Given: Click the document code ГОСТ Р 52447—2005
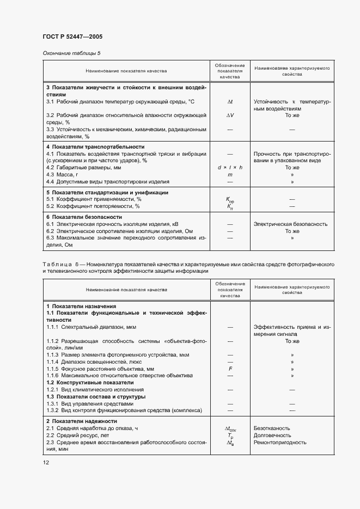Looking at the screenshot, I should click(x=73, y=36).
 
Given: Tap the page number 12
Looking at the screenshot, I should click(x=46, y=462).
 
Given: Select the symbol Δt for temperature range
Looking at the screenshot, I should click(x=230, y=102).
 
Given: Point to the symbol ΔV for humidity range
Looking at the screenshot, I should click(x=230, y=115).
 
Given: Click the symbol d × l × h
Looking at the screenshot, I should click(x=230, y=168).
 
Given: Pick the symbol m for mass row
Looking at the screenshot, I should click(x=230, y=175).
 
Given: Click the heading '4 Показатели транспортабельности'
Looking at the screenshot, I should click(x=95, y=147).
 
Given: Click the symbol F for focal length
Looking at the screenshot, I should click(x=230, y=369).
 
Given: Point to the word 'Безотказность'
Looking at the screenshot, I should click(x=272, y=428).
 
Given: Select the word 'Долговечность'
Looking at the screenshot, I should click(x=272, y=436).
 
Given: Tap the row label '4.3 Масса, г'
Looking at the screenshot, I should click(x=63, y=175).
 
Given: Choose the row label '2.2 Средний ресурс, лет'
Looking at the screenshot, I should click(x=77, y=436).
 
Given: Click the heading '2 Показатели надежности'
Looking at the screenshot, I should click(x=81, y=421).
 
